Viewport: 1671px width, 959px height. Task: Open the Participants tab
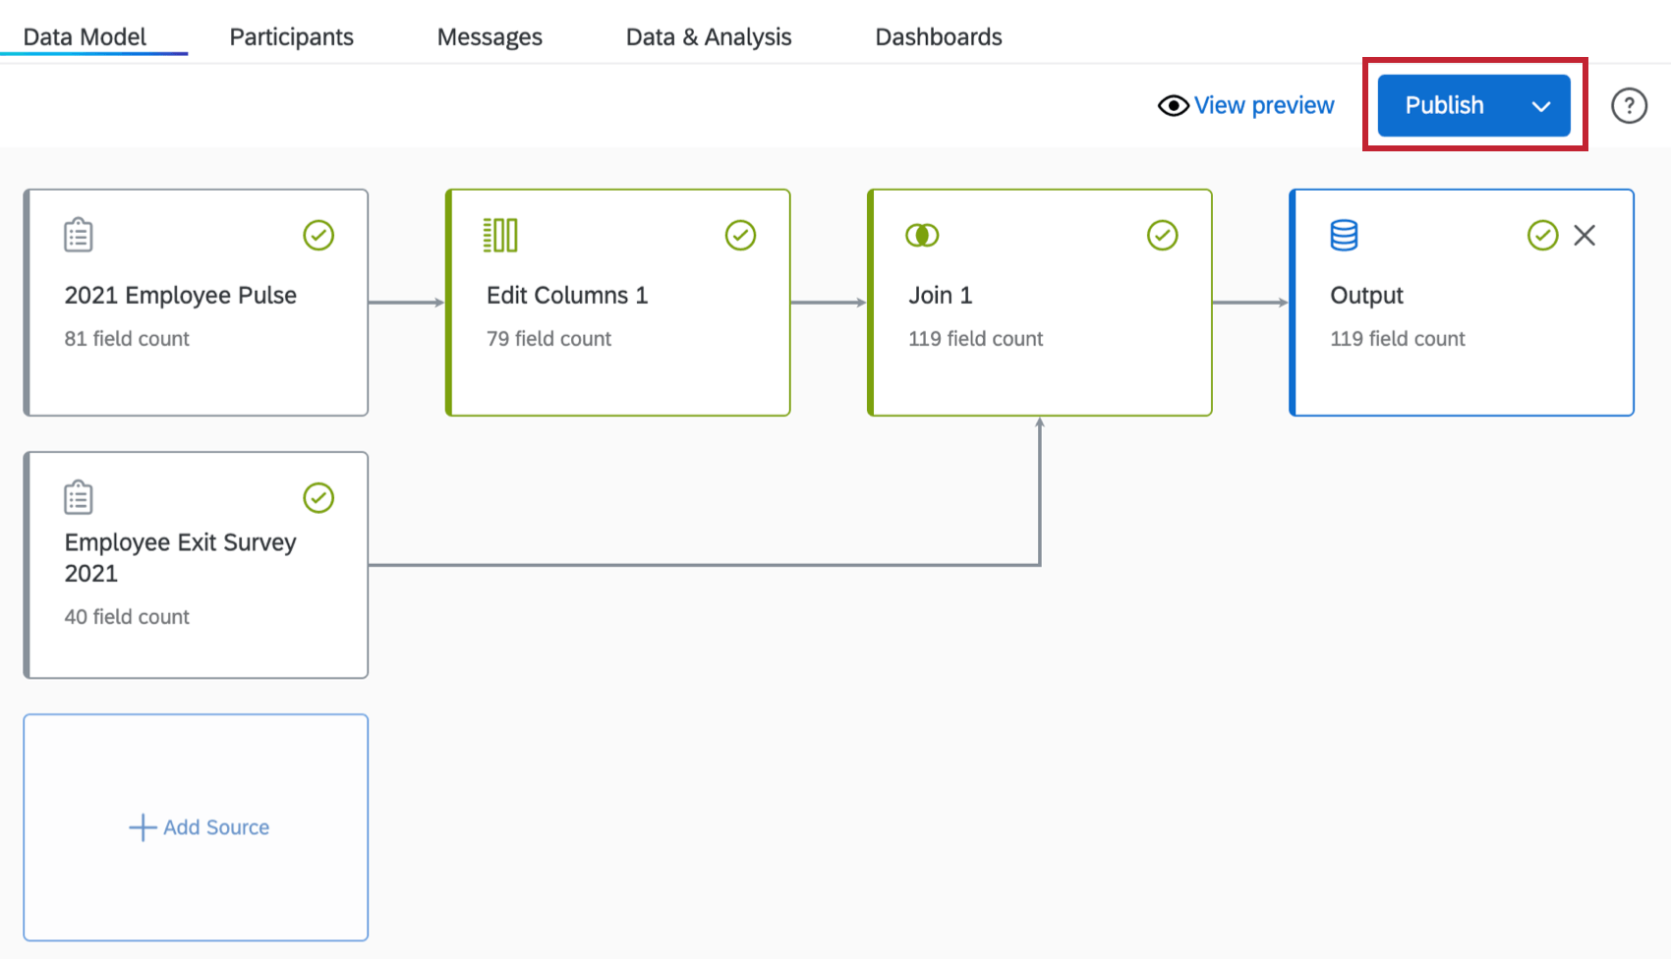[x=291, y=37]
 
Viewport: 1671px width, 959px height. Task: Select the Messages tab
[x=490, y=37]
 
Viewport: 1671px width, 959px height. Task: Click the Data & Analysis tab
[x=708, y=37]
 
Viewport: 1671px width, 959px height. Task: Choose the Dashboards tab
[x=938, y=37]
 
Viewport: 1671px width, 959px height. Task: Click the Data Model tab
[x=85, y=37]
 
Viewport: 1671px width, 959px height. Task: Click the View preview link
[x=1263, y=105]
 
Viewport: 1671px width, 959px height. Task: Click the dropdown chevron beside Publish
[x=1540, y=106]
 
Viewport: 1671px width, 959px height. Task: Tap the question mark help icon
[x=1629, y=105]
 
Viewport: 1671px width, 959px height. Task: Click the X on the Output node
[x=1584, y=235]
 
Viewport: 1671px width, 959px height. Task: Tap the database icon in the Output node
[x=1344, y=236]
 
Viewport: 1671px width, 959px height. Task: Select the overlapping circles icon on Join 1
[x=922, y=236]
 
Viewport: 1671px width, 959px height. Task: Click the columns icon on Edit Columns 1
[x=500, y=236]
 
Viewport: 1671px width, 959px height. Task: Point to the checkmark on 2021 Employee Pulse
[x=318, y=236]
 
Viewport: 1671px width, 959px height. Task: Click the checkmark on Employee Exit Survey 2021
[x=318, y=498]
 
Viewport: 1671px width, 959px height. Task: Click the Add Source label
[x=215, y=827]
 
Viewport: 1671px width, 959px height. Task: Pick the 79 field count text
[x=548, y=339]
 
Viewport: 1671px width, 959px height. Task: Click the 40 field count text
[x=127, y=617]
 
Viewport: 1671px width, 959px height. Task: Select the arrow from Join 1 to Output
[x=1249, y=303]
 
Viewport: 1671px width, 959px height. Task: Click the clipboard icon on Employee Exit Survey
[x=79, y=498]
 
